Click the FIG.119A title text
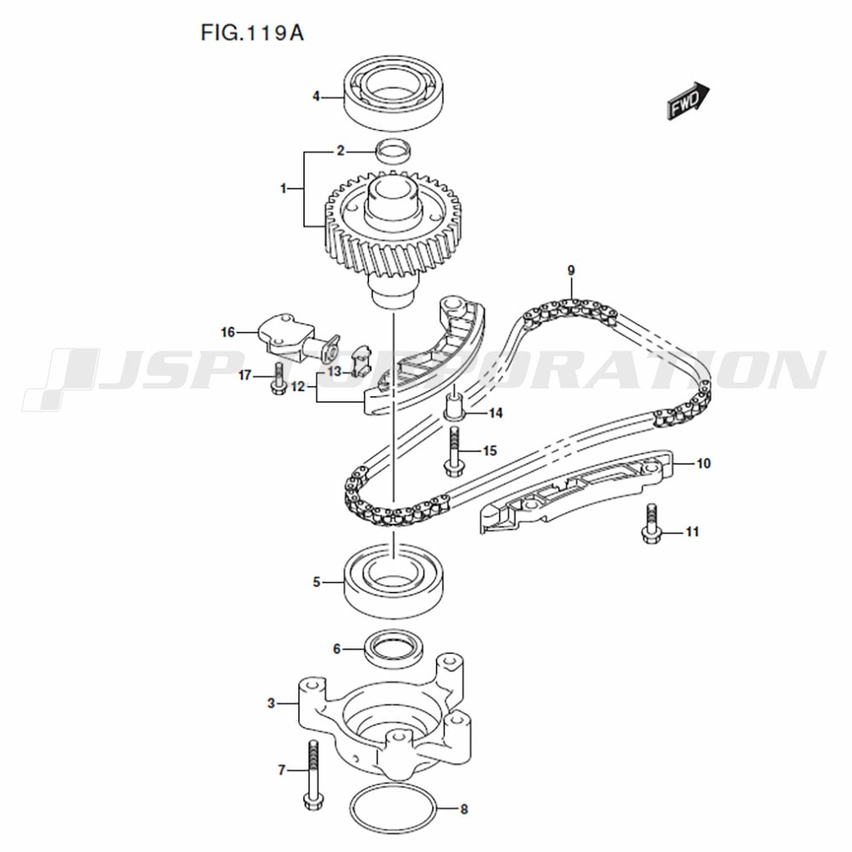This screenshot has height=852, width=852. click(x=252, y=33)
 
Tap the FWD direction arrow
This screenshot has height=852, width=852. click(x=688, y=101)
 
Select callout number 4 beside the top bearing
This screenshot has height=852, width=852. click(x=316, y=97)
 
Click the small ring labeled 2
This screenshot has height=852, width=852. click(x=394, y=152)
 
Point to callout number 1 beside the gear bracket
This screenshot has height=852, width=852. click(x=283, y=188)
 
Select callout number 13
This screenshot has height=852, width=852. click(x=334, y=371)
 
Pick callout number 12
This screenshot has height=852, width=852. click(x=298, y=387)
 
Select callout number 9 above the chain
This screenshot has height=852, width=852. click(x=571, y=270)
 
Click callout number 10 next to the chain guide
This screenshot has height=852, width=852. click(x=703, y=463)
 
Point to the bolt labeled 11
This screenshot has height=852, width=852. click(x=651, y=524)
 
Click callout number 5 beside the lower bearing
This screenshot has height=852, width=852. click(x=316, y=583)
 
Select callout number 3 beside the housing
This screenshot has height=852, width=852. click(x=271, y=704)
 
